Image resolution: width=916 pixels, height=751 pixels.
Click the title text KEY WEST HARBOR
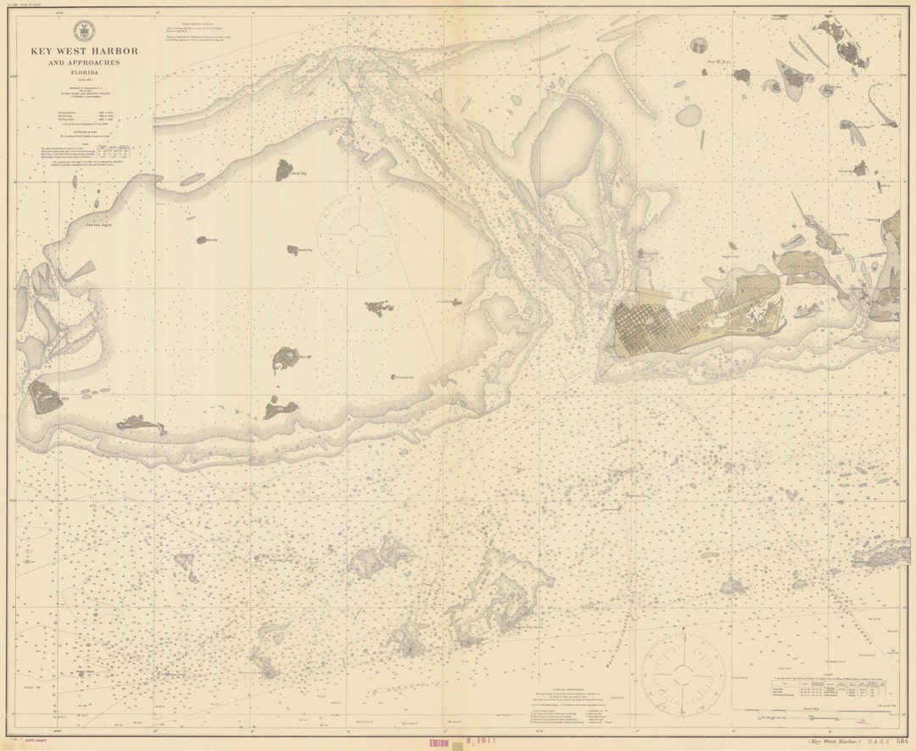(84, 51)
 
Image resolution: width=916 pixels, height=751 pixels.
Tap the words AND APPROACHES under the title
(84, 63)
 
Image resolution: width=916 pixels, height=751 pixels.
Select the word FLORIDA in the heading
(84, 72)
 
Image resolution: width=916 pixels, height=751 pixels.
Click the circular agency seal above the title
(84, 28)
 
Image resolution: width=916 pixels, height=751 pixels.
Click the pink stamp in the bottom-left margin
(36, 743)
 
